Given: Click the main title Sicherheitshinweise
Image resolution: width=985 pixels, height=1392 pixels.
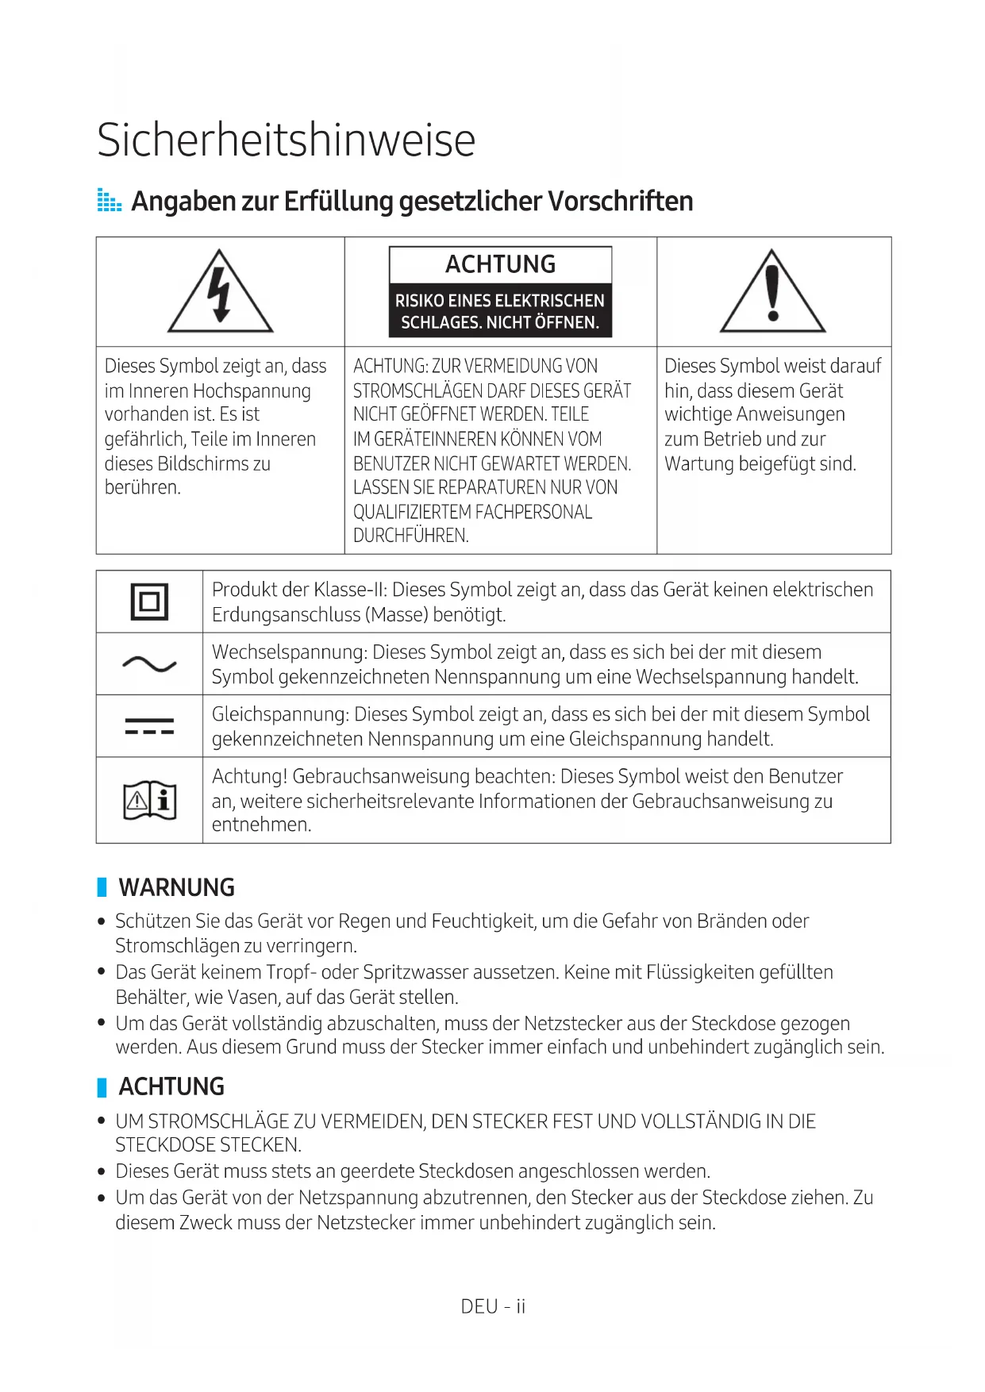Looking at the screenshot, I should [x=286, y=140].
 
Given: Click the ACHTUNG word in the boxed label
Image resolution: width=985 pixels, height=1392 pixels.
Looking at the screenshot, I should [x=500, y=264].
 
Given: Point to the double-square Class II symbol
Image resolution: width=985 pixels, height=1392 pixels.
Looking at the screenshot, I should [x=149, y=602].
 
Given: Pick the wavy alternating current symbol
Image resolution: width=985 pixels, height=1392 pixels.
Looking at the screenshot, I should [x=149, y=663].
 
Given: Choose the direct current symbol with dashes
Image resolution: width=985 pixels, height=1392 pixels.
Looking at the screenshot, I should [x=149, y=726].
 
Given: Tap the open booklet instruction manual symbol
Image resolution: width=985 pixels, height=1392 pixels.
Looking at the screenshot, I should [x=149, y=800].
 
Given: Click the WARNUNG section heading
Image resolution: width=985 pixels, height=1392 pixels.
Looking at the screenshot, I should [x=176, y=887].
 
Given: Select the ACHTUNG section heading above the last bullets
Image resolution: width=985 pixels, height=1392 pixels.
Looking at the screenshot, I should [x=171, y=1086].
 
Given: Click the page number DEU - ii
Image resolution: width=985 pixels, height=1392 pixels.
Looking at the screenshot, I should [x=493, y=1306].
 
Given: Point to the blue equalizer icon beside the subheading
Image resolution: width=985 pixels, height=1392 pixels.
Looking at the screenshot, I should [x=109, y=201].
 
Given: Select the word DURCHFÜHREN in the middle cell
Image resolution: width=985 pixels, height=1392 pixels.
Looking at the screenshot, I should [x=410, y=536].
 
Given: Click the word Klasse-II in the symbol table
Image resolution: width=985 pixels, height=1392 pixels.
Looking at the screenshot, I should [x=350, y=590].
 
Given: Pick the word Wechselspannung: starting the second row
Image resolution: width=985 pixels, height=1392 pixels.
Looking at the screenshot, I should [x=289, y=652].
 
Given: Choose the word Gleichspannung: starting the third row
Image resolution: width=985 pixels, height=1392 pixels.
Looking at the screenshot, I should [x=280, y=714].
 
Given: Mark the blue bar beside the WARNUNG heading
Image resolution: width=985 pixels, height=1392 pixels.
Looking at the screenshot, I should [x=102, y=887].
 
